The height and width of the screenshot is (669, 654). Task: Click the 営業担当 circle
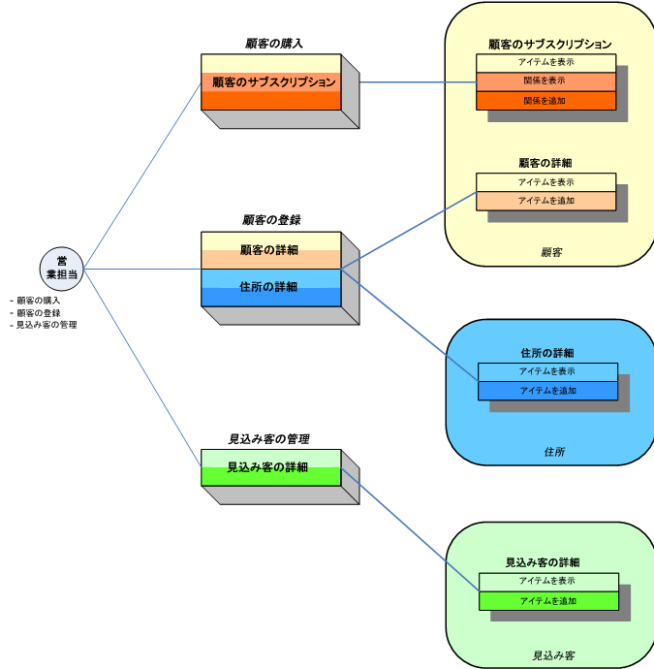62,269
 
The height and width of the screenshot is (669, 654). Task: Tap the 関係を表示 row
545,81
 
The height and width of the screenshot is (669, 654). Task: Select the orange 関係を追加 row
545,101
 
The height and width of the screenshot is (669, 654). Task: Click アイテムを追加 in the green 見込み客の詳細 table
548,601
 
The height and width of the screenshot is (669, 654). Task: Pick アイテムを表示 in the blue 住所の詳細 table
547,372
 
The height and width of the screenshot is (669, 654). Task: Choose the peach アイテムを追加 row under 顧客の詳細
545,201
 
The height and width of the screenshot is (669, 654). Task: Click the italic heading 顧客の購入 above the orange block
274,44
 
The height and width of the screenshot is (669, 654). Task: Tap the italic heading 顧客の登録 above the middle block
271,220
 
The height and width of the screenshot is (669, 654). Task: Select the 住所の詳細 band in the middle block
270,287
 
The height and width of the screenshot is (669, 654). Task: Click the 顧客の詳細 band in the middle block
270,250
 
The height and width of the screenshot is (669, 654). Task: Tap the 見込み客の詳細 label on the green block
268,467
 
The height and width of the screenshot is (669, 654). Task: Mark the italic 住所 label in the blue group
554,452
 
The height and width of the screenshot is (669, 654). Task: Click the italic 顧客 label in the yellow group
551,252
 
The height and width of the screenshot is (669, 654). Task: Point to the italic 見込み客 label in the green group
553,655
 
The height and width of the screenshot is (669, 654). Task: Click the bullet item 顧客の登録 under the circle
39,313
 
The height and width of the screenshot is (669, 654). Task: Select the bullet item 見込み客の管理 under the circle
45,325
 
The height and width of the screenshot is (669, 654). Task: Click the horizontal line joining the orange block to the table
417,81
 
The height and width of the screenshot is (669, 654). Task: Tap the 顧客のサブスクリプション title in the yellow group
549,45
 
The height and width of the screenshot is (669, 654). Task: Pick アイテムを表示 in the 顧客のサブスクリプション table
545,63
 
